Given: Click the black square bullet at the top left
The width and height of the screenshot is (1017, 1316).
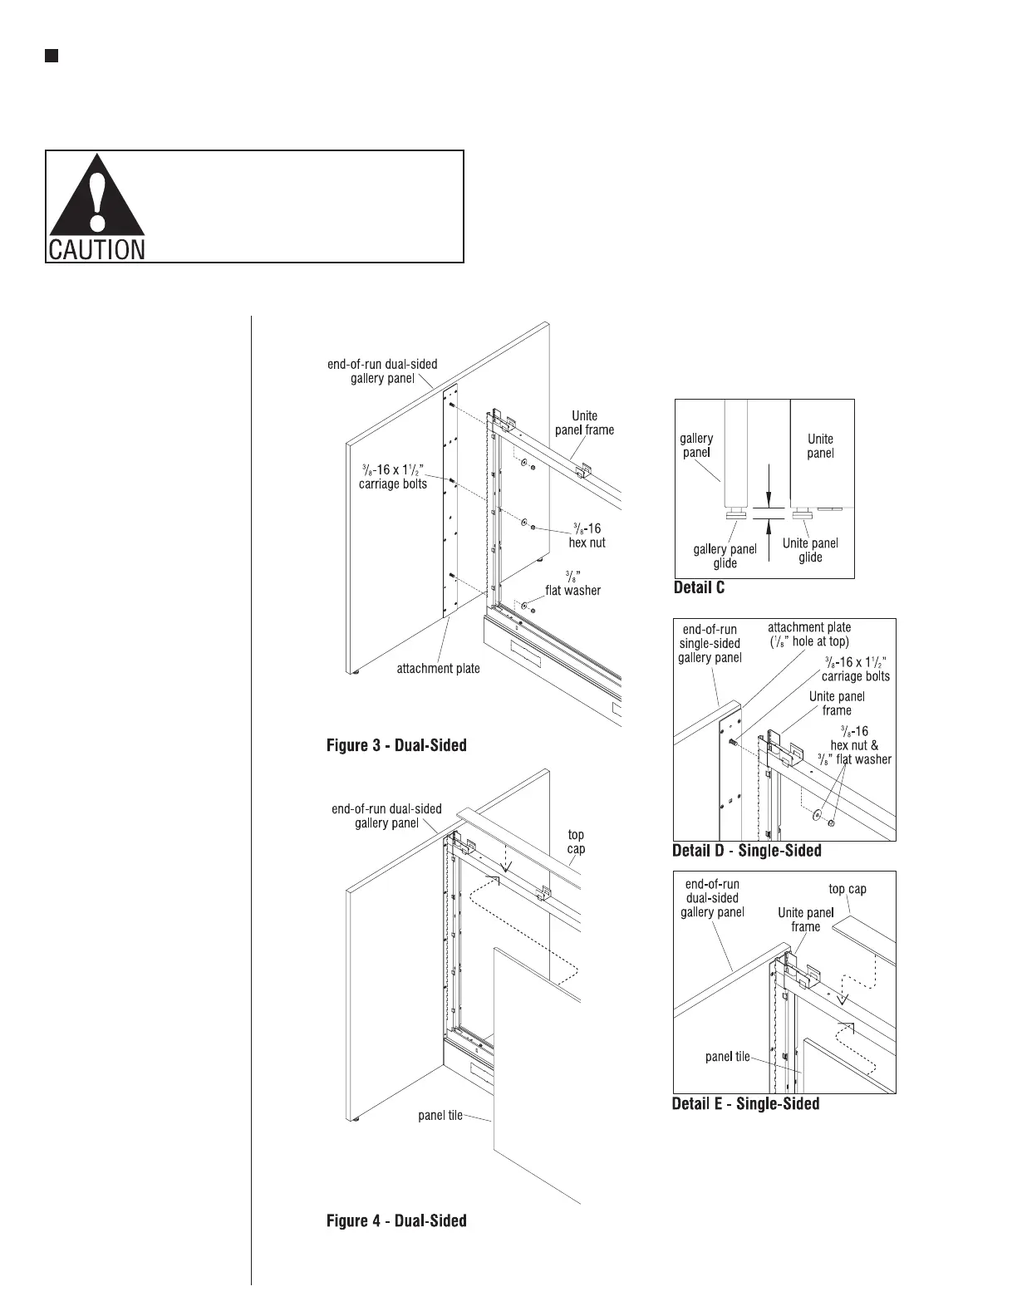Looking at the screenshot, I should click(x=51, y=56).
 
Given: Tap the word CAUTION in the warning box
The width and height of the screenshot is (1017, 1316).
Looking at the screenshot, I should click(x=96, y=249).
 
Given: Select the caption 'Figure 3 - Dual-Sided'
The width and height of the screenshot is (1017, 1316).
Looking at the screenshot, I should click(x=395, y=745).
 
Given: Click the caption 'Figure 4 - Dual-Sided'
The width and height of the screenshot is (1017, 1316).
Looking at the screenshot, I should click(x=395, y=1220).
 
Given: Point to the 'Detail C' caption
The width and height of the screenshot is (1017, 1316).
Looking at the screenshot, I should click(x=698, y=588).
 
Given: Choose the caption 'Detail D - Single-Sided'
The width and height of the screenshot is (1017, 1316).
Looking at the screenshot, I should click(x=746, y=851).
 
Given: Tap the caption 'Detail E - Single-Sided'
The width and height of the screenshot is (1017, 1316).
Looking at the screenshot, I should click(x=745, y=1104).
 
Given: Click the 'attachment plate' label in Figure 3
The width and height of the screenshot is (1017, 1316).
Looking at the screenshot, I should click(x=438, y=668).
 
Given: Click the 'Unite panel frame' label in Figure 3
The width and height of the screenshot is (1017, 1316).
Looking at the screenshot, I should click(x=584, y=423).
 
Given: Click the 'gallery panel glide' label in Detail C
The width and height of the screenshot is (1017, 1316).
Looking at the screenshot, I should click(x=725, y=556).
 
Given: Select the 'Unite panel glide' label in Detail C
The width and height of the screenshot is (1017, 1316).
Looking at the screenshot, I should click(x=810, y=550).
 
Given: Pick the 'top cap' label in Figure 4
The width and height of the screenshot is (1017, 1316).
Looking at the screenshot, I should click(x=576, y=842).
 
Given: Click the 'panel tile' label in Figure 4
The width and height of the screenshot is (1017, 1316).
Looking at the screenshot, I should click(x=440, y=1116).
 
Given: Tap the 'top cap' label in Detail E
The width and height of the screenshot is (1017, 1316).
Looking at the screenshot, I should click(x=847, y=889).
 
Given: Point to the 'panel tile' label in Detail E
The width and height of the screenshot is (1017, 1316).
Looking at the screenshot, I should click(x=727, y=1057).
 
